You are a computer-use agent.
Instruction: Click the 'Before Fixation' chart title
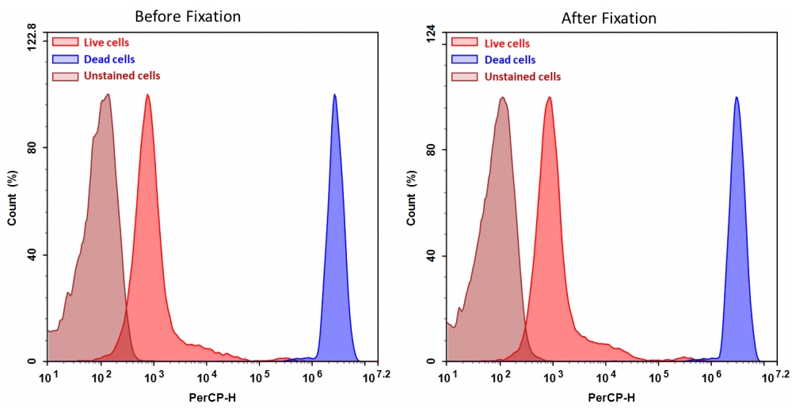click(x=188, y=16)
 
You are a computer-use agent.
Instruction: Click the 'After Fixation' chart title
click(x=609, y=17)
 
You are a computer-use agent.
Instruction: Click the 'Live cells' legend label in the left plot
click(x=106, y=42)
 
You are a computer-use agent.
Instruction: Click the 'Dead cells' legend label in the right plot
click(x=510, y=60)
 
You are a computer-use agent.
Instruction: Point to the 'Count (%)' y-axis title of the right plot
click(x=410, y=198)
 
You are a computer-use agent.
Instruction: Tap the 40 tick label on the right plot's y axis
click(x=432, y=256)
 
